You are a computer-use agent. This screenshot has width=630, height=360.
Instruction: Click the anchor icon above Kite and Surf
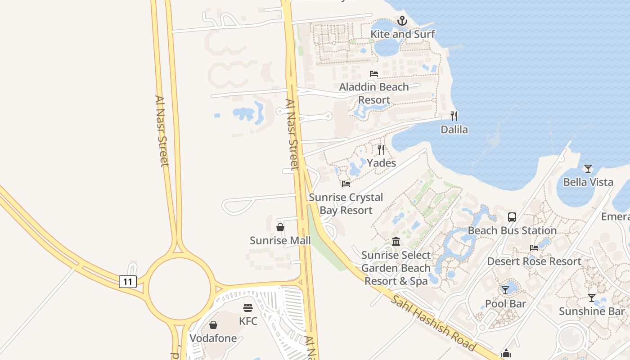click(x=402, y=21)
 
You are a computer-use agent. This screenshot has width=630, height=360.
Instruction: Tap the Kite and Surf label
click(x=402, y=34)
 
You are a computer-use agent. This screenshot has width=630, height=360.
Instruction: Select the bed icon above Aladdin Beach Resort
click(x=374, y=74)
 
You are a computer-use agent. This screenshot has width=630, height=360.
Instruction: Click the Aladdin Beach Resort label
click(x=374, y=93)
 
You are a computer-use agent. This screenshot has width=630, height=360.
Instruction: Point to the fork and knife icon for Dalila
click(x=454, y=116)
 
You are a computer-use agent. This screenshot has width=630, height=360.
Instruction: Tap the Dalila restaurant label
click(x=454, y=130)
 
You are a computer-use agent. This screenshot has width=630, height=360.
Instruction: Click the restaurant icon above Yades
click(x=381, y=150)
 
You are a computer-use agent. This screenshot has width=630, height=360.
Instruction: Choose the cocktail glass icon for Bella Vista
click(x=588, y=169)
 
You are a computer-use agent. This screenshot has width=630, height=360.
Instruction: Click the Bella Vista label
click(x=588, y=182)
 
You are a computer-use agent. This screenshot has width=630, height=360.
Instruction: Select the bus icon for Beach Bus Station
click(x=512, y=217)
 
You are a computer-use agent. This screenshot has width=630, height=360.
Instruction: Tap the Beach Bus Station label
click(x=512, y=231)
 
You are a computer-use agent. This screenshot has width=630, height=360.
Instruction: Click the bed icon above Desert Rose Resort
click(x=534, y=248)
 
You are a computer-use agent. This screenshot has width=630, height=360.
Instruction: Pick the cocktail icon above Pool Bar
click(x=505, y=290)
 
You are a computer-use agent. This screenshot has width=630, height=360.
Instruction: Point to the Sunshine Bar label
click(x=592, y=311)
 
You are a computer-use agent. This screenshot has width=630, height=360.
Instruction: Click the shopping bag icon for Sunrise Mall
click(x=280, y=227)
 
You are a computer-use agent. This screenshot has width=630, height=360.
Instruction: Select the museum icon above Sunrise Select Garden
click(x=396, y=242)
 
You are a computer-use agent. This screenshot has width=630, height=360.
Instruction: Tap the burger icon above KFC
click(x=248, y=308)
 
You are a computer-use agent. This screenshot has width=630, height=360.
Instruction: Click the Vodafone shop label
click(x=213, y=338)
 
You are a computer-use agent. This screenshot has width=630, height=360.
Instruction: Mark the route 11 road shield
click(x=128, y=282)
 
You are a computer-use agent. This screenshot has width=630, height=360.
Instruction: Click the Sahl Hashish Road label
click(x=433, y=323)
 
